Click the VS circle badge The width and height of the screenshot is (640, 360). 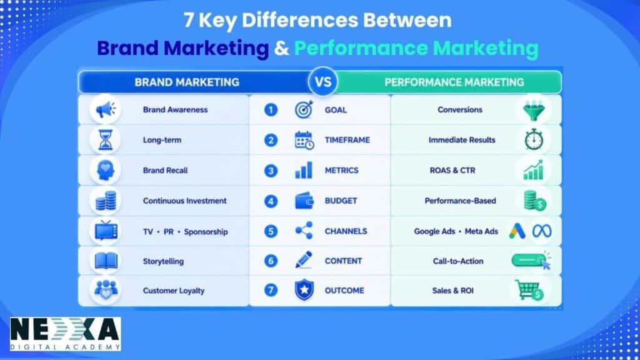(323, 82)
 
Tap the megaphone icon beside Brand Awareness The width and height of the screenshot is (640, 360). (105, 109)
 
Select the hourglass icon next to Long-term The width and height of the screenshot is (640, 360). (105, 139)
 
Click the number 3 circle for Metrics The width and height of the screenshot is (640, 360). (271, 171)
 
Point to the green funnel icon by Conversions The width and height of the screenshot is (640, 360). (534, 110)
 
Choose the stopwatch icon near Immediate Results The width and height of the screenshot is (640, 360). (534, 139)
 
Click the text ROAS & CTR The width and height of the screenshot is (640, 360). (452, 171)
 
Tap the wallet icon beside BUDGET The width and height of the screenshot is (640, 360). (304, 201)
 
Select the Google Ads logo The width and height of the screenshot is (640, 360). (517, 231)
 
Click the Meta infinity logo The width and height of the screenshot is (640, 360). (542, 231)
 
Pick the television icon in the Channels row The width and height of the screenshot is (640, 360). (106, 230)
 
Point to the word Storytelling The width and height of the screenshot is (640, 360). (163, 261)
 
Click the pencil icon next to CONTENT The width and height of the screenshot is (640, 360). (304, 260)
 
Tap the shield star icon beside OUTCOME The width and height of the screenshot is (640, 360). (304, 290)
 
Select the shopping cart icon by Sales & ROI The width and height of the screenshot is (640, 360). (529, 290)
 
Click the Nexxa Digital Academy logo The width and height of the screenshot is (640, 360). (65, 334)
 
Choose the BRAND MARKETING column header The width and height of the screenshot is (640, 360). (187, 82)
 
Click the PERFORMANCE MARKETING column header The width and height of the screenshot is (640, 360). (454, 82)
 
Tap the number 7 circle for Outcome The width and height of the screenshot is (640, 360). (271, 290)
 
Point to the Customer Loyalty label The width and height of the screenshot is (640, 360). (174, 291)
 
